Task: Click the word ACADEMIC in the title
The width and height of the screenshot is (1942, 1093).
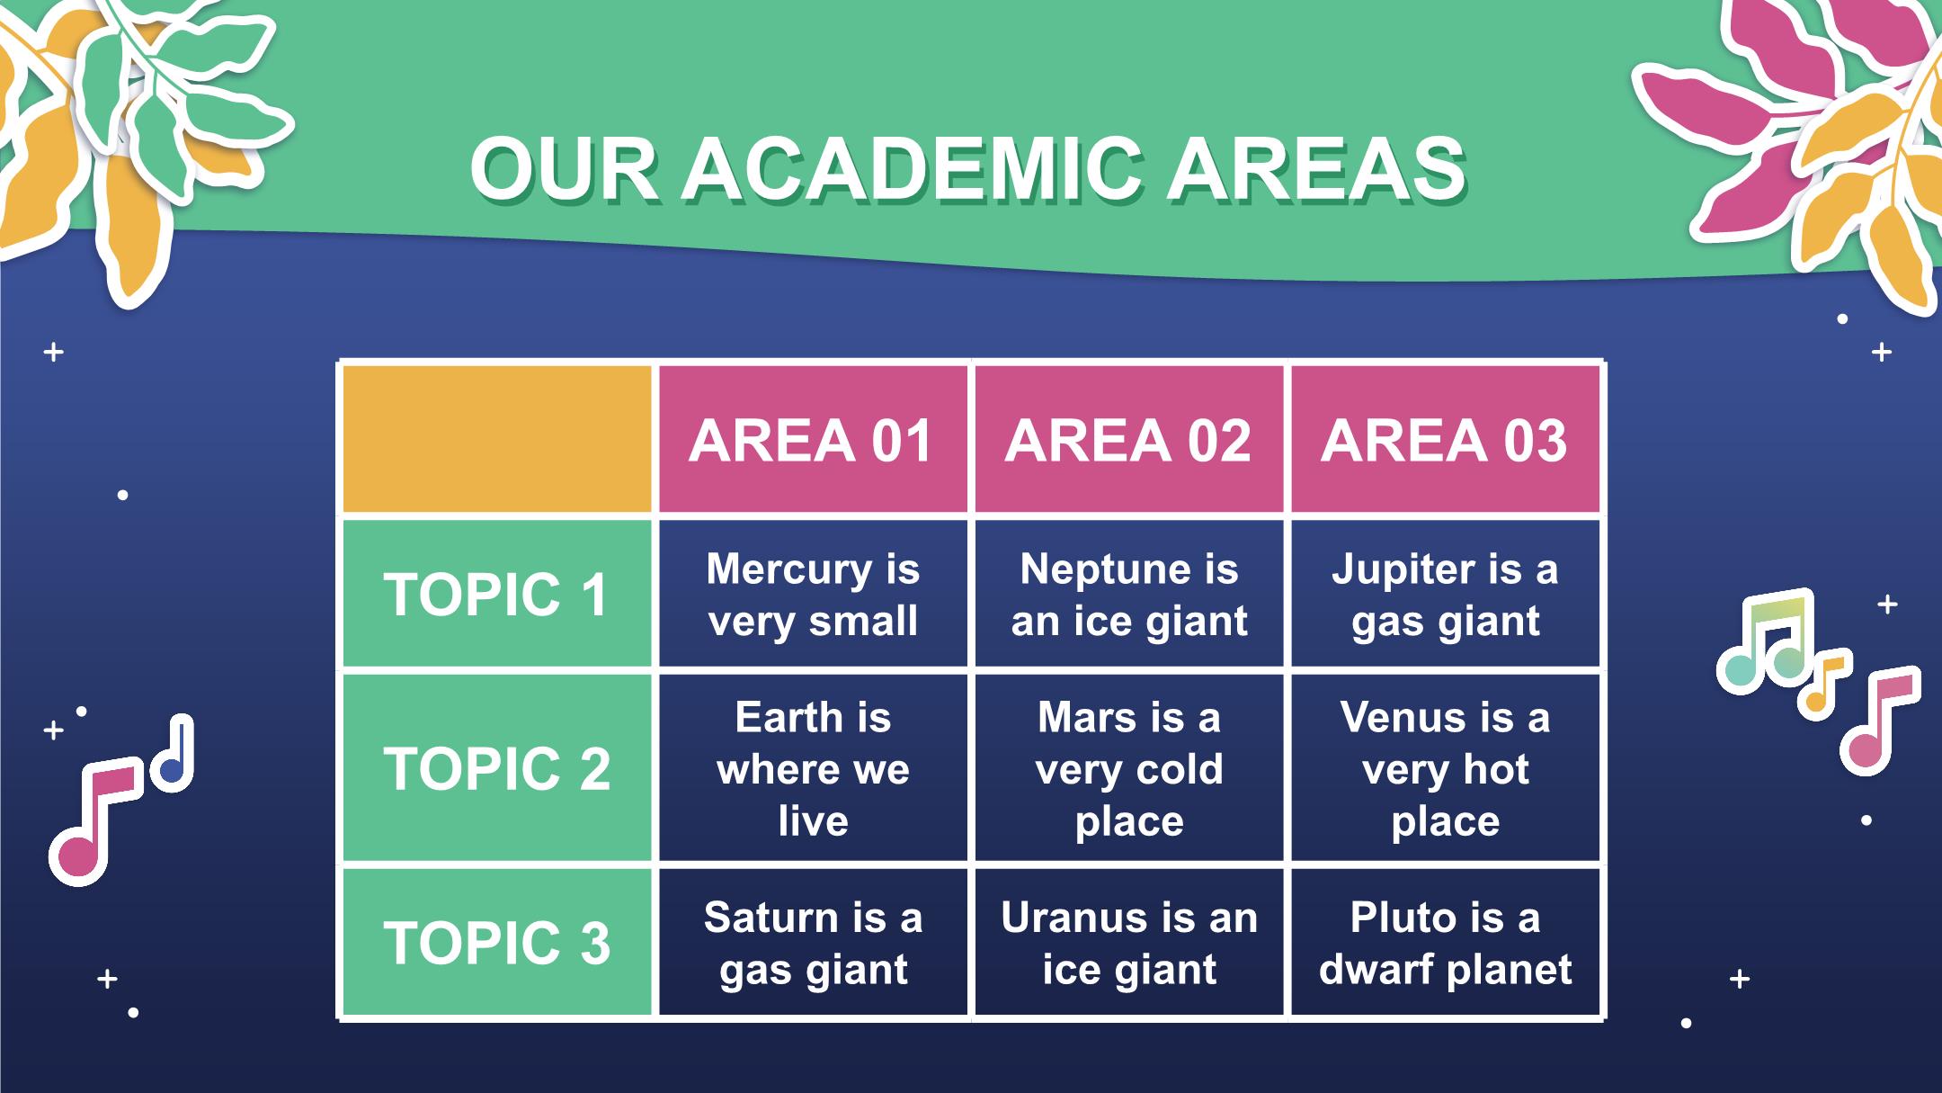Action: point(913,170)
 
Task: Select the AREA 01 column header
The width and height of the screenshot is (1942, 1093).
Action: point(813,439)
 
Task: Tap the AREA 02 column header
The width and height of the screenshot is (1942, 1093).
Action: point(1128,439)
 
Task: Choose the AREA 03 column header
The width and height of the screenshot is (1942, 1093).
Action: point(1445,439)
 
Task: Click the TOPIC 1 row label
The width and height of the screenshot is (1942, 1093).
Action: point(497,594)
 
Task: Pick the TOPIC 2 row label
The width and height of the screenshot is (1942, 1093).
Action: point(497,768)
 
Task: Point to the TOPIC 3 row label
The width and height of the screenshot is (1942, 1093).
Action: point(497,942)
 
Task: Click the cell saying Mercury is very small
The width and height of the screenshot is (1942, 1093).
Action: point(813,594)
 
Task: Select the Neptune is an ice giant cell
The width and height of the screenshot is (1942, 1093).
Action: point(1128,594)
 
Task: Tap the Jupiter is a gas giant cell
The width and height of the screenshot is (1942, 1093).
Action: point(1445,594)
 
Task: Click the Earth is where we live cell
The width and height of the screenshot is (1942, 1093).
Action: point(813,768)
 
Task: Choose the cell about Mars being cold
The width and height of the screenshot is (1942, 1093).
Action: point(1128,768)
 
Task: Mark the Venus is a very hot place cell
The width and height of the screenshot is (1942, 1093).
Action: point(1445,768)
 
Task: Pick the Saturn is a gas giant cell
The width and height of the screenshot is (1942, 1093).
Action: point(813,942)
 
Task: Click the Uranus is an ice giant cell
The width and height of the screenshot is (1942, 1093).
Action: point(1128,942)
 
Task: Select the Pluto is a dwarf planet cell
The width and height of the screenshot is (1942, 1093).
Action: point(1445,942)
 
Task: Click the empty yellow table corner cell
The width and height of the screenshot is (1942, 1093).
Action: point(497,439)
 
